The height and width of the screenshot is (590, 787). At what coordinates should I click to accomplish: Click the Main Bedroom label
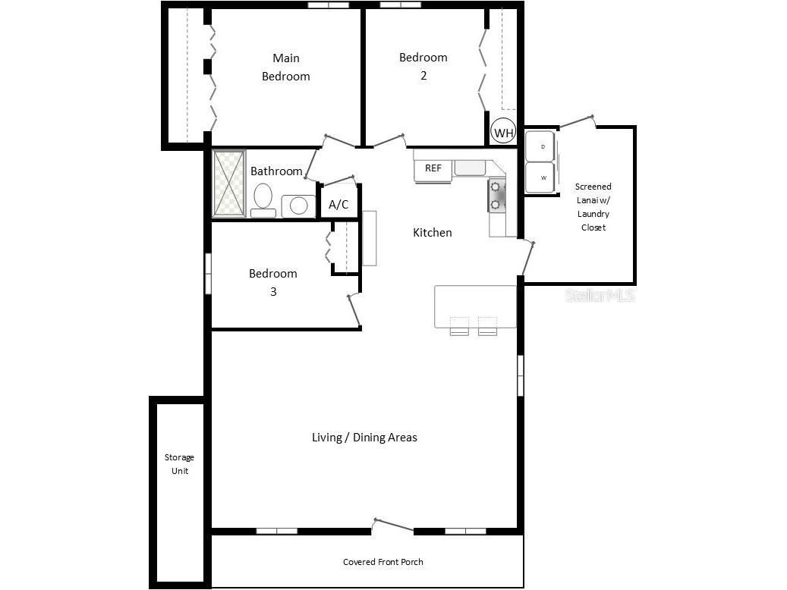[x=286, y=67]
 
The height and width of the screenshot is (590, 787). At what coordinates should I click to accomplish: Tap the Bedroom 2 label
[x=423, y=66]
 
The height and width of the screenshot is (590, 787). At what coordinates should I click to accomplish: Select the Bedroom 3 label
[x=273, y=281]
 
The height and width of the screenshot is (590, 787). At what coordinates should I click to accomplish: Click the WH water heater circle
[x=504, y=133]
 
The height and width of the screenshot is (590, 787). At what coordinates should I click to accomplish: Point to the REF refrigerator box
[x=433, y=168]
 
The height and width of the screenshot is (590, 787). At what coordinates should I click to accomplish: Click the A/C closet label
[x=338, y=205]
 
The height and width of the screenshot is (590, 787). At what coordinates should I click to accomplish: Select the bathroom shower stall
[x=228, y=184]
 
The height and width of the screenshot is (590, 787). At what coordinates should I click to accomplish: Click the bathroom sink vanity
[x=298, y=206]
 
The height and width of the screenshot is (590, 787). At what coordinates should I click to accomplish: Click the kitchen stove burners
[x=497, y=194]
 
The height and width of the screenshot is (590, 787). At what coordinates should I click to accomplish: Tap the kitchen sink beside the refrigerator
[x=471, y=168]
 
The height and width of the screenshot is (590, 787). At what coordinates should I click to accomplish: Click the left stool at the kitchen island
[x=460, y=325]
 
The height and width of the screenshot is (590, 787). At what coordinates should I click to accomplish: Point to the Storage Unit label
[x=180, y=464]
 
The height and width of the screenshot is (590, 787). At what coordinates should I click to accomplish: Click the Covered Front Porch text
[x=383, y=562]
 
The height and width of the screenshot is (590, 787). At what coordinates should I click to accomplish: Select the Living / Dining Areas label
[x=364, y=438]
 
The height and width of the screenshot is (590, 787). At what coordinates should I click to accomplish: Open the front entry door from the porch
[x=393, y=526]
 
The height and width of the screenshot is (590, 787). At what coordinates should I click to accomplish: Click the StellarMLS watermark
[x=600, y=296]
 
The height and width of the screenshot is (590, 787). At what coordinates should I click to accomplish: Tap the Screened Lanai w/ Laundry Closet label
[x=593, y=206]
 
